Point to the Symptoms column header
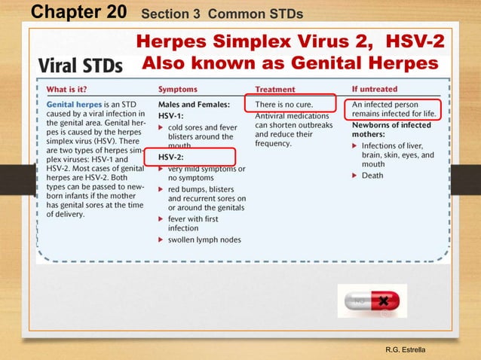[179, 89]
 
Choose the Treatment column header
[275, 89]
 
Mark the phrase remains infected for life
[400, 114]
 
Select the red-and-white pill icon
[372, 301]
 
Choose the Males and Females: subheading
[194, 103]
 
